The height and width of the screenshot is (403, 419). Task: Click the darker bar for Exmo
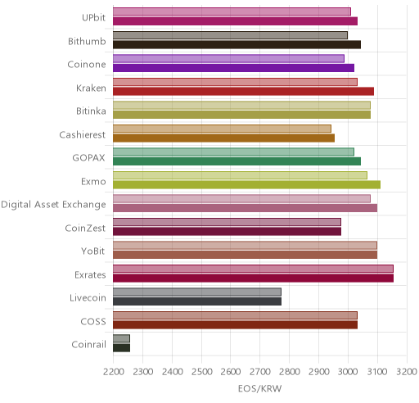coord(246,184)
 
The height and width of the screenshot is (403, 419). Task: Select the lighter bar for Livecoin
coord(197,292)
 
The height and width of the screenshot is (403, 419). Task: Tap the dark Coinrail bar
coord(121,348)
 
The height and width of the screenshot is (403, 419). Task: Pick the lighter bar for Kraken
coord(235,82)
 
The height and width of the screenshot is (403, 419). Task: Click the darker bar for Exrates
coord(253,278)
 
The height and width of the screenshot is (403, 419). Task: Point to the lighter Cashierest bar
coord(222,129)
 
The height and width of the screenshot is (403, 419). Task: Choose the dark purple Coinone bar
coord(233,68)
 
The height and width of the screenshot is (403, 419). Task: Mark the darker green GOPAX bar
coord(237,161)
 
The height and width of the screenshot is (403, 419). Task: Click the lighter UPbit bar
coord(232,12)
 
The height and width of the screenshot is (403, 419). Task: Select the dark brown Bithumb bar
coord(237,44)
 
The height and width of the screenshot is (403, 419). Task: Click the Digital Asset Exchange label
coord(53,205)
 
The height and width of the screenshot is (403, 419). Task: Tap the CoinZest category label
coord(85,228)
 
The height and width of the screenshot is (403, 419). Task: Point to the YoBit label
coord(92,251)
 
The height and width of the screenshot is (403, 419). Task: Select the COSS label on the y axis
coord(93,321)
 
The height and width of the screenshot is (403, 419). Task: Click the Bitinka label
coord(91,111)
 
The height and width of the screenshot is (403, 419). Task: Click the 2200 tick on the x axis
coord(114,372)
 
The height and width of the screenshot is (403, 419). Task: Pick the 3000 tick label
coord(348,372)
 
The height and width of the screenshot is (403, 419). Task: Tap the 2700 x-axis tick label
coord(260,372)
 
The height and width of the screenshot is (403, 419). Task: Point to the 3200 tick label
coord(407,372)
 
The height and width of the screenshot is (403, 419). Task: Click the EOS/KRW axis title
coord(259,388)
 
